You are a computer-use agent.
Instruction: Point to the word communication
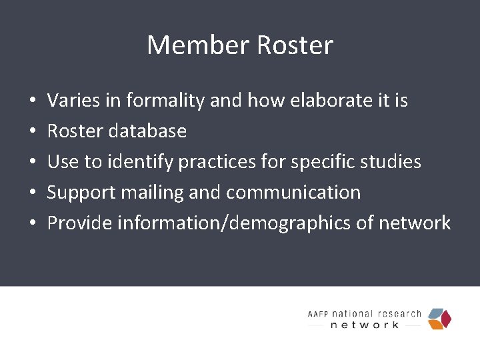pyautogui.click(x=293, y=193)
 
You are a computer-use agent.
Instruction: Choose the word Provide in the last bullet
pyautogui.click(x=79, y=223)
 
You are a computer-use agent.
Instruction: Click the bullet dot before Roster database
pyautogui.click(x=32, y=131)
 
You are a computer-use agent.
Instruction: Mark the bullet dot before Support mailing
pyautogui.click(x=32, y=193)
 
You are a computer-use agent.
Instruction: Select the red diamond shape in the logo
pyautogui.click(x=445, y=318)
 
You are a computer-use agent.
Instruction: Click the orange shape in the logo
pyautogui.click(x=435, y=325)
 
